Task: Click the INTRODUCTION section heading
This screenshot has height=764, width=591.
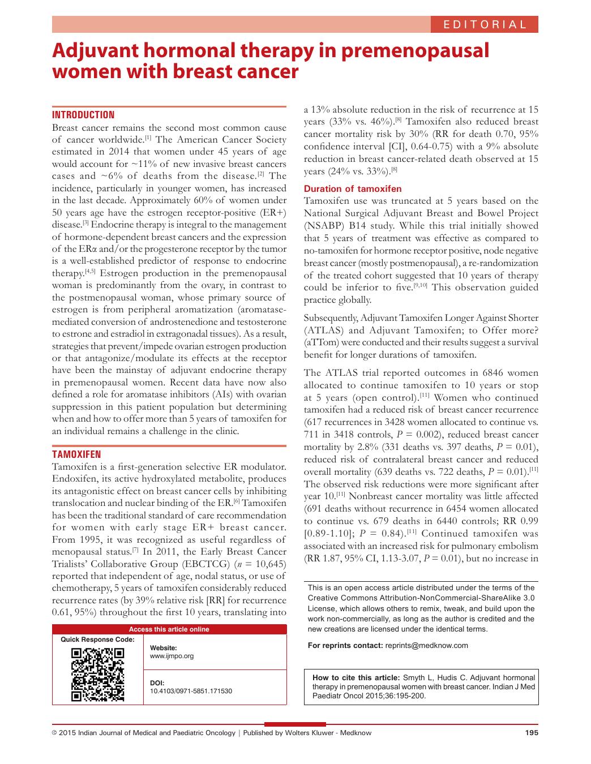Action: pos(83,115)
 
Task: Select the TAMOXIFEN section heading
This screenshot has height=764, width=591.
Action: pos(76,454)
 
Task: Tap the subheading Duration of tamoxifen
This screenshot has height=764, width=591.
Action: pos(353,189)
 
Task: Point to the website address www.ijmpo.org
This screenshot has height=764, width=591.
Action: pos(172,656)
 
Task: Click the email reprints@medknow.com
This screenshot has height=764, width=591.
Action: pos(426,645)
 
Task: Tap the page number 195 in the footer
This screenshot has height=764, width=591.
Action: pos(532,733)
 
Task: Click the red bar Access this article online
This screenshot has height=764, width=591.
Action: pos(169,629)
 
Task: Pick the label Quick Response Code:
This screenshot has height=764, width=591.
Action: pos(97,639)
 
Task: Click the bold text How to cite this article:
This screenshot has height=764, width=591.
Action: pos(356,677)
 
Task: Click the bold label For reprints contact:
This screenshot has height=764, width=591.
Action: pos(345,645)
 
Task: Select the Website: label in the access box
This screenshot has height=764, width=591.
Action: pos(163,647)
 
